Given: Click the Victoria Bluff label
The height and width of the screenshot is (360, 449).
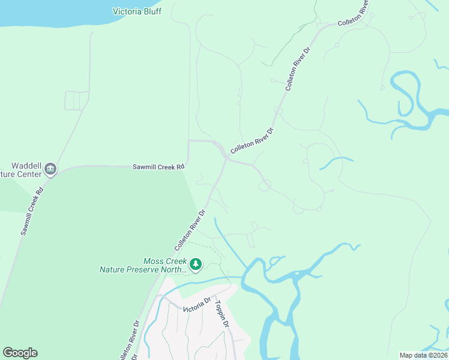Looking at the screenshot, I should [x=137, y=11].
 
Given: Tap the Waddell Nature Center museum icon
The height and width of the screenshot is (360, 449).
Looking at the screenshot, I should [x=50, y=168].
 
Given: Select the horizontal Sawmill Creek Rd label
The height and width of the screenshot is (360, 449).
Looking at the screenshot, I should [x=158, y=167].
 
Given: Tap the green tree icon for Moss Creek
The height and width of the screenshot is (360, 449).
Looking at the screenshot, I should [x=195, y=263].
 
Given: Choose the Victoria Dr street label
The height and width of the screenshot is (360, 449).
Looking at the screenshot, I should [x=197, y=304].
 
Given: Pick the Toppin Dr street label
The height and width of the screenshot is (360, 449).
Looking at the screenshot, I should [x=222, y=314].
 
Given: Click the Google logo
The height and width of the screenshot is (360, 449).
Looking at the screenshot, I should [x=20, y=353].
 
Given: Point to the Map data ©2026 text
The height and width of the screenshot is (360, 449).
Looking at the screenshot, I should [x=424, y=355].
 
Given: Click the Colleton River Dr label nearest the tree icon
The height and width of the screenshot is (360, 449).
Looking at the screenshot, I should [x=190, y=230].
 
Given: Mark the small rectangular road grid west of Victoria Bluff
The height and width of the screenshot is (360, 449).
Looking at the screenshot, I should [x=76, y=100].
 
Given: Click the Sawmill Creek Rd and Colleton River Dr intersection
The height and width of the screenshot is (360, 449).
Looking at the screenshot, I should [x=226, y=158].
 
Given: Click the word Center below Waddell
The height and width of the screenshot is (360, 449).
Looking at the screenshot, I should [x=30, y=174].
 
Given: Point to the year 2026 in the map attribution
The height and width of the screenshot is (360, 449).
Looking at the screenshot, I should [x=439, y=355].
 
